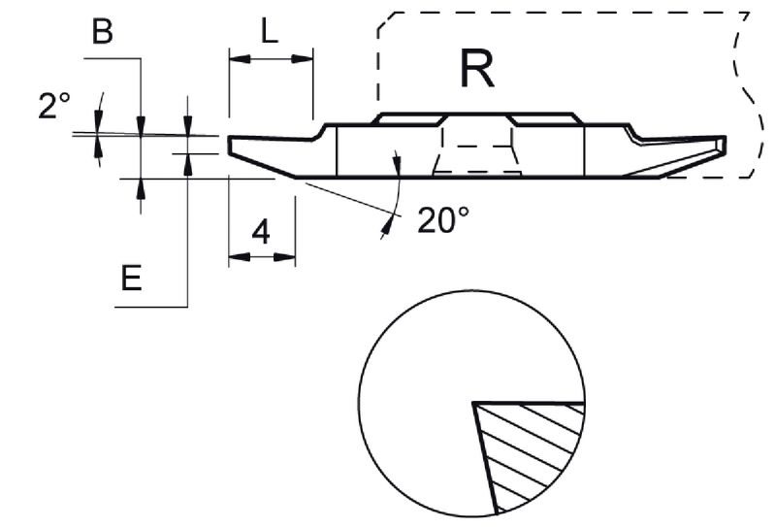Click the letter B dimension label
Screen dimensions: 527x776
pyautogui.click(x=102, y=33)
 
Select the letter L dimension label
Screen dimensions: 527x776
pyautogui.click(x=270, y=32)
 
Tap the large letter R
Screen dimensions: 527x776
pyautogui.click(x=477, y=69)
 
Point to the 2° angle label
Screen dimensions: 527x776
pyautogui.click(x=54, y=106)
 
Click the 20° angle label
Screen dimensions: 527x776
pyautogui.click(x=443, y=220)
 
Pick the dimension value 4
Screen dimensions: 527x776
pyautogui.click(x=261, y=232)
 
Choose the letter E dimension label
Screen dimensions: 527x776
pyautogui.click(x=133, y=279)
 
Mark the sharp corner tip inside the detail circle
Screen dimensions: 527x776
pyautogui.click(x=473, y=402)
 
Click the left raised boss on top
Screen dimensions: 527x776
pyautogui.click(x=410, y=117)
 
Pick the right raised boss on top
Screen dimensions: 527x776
pyautogui.click(x=546, y=117)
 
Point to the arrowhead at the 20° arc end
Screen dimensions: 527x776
pyautogui.click(x=387, y=226)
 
